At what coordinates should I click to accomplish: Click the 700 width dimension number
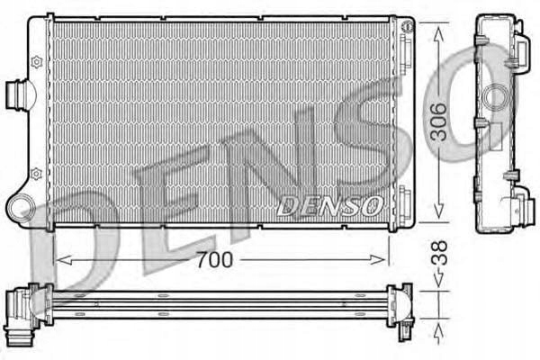[215, 260]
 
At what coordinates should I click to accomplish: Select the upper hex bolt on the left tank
[36, 61]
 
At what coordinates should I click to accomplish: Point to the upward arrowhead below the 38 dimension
[439, 325]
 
